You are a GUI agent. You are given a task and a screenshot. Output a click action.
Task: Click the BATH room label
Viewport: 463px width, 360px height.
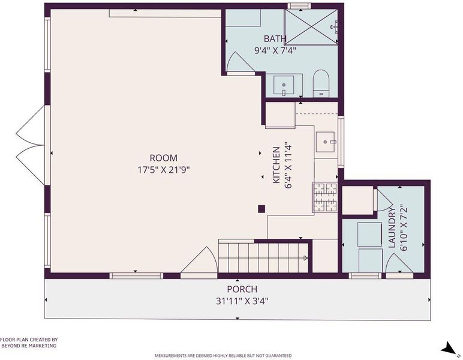(x=275, y=38)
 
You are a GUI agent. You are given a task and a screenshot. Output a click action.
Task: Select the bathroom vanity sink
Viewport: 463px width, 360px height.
(x=284, y=85)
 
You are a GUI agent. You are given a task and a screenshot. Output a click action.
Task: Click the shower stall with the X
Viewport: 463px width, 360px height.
(x=311, y=27)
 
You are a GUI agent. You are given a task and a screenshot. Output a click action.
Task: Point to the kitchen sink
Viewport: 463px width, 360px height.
(x=325, y=142)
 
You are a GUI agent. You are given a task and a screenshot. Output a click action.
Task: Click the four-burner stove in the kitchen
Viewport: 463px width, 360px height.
(x=325, y=197)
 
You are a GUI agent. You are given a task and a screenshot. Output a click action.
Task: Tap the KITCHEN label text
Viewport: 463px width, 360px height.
(x=276, y=165)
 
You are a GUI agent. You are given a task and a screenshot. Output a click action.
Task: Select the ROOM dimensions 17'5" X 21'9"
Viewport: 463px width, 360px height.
(x=163, y=170)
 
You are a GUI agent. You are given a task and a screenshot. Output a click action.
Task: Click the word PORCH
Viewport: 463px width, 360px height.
(x=242, y=289)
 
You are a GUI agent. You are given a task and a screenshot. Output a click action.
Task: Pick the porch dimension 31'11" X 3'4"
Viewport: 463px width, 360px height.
(x=242, y=301)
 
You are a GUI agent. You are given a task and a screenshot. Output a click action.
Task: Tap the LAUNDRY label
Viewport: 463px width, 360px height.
(x=392, y=227)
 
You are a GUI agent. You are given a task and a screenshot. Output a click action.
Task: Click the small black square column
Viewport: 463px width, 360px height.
(x=261, y=209)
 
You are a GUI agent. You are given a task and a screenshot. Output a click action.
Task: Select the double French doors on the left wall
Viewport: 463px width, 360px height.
(x=31, y=145)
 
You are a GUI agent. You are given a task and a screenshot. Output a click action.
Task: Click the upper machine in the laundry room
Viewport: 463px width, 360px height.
(x=369, y=235)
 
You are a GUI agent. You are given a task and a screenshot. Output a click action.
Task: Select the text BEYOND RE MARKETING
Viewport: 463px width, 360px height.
(x=29, y=346)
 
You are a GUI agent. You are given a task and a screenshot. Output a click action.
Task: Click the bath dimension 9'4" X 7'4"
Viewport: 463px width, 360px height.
(x=275, y=50)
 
